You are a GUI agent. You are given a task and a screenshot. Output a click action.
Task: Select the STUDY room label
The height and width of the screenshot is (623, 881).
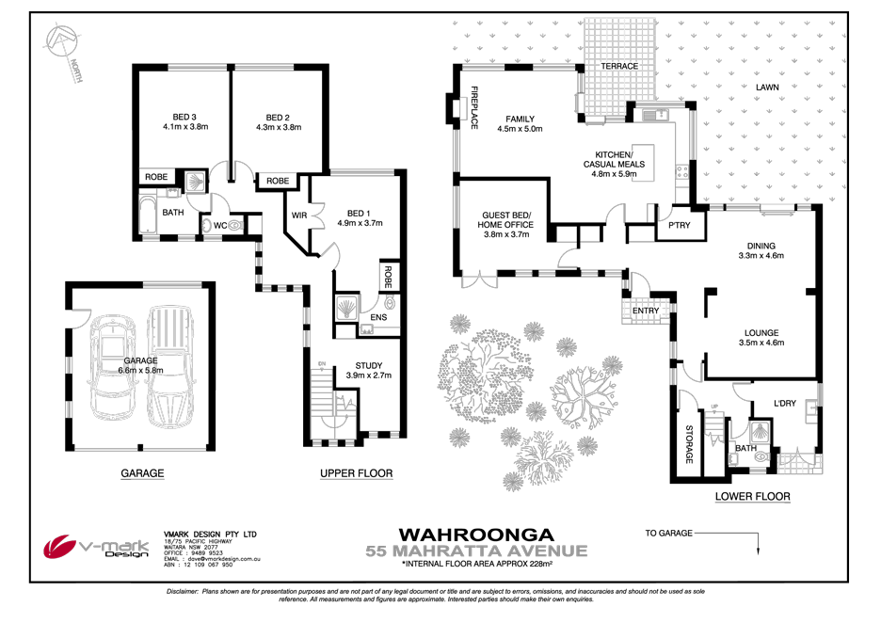point(368,366)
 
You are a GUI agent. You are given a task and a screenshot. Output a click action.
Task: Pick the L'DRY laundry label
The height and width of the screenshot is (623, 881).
point(784,404)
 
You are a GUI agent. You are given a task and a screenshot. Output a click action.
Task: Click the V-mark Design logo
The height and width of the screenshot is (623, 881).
point(98,547)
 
